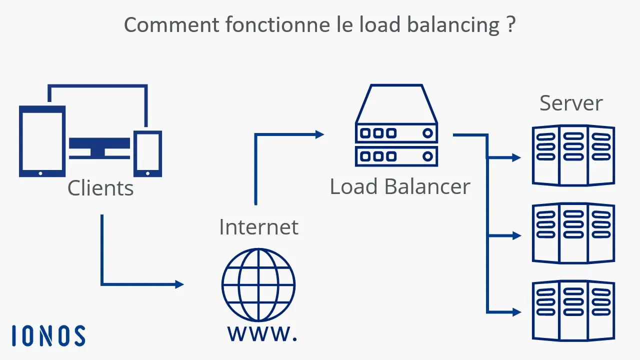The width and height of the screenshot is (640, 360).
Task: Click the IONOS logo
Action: point(48,335)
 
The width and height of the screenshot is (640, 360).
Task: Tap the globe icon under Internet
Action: point(258,285)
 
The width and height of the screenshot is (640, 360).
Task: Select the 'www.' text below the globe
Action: point(262,333)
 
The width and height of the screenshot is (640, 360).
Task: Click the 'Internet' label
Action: point(258,227)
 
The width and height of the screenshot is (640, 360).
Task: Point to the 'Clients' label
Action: point(100,188)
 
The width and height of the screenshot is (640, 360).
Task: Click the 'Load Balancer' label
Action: point(400,186)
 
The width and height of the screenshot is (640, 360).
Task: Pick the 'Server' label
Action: point(571,103)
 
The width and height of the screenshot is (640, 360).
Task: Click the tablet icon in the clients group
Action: point(42,141)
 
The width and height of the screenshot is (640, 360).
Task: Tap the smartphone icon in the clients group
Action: point(148,153)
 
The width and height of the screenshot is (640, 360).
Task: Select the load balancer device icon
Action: point(396,125)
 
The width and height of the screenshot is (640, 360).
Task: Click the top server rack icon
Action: point(573,155)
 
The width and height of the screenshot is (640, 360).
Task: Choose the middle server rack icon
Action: point(573,233)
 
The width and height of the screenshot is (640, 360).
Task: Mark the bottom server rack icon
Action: point(573,310)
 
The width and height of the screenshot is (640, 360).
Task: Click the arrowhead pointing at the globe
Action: point(179,284)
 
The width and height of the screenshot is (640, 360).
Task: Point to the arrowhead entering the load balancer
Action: point(319,134)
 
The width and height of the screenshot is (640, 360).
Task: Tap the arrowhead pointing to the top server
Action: point(516,158)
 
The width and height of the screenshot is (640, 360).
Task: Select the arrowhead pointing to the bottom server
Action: point(516,312)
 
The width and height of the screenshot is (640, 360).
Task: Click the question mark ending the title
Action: point(510,25)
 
